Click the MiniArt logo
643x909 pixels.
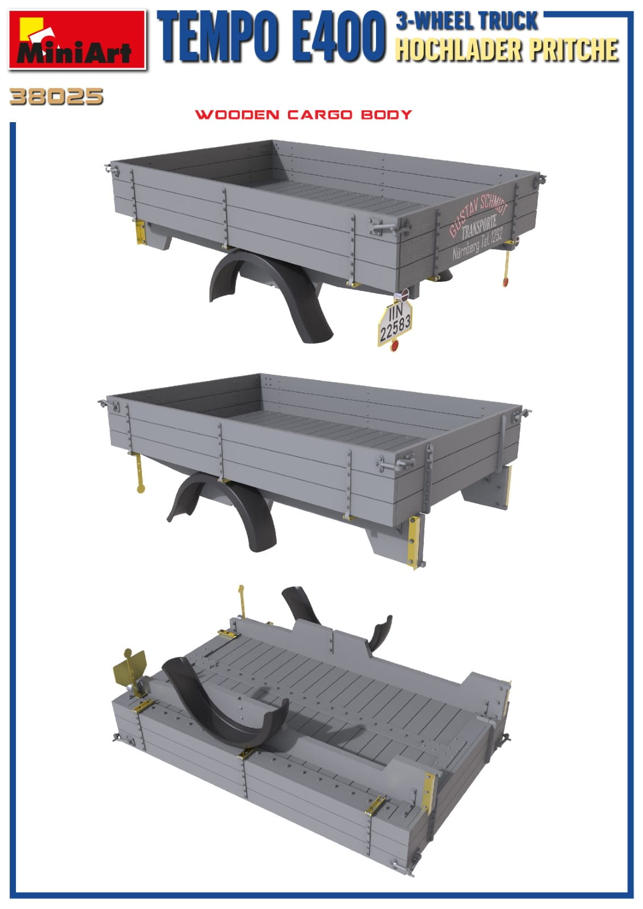tap(77, 40)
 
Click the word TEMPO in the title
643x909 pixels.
tap(219, 37)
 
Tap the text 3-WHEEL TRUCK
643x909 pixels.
tap(467, 20)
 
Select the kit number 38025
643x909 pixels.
tap(56, 97)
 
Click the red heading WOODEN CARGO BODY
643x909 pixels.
tap(303, 114)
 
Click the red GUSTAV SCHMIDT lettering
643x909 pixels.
tap(478, 214)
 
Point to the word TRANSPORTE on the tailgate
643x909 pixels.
tap(479, 227)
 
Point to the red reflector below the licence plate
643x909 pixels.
tap(394, 346)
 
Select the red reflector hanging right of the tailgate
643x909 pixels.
tap(505, 282)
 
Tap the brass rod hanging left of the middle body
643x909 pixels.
tap(140, 473)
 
